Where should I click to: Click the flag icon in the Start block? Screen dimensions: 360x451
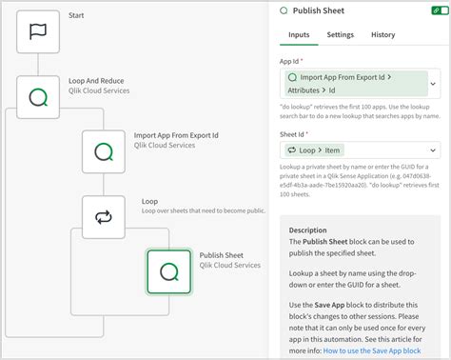[39, 31]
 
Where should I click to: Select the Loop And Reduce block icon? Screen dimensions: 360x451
[39, 96]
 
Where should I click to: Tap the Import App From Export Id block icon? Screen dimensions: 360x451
[104, 151]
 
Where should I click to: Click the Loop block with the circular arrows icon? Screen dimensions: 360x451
[104, 218]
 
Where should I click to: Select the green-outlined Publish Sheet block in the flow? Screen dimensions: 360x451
[168, 271]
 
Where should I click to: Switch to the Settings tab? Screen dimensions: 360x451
[340, 35]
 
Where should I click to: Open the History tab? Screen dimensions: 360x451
[383, 35]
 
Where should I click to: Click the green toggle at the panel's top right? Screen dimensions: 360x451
[436, 10]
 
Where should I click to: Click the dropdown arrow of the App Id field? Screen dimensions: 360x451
[434, 84]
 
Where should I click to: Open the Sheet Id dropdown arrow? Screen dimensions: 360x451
[434, 150]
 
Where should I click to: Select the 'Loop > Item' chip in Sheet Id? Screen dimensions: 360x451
[314, 150]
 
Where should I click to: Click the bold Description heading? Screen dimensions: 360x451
[307, 230]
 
